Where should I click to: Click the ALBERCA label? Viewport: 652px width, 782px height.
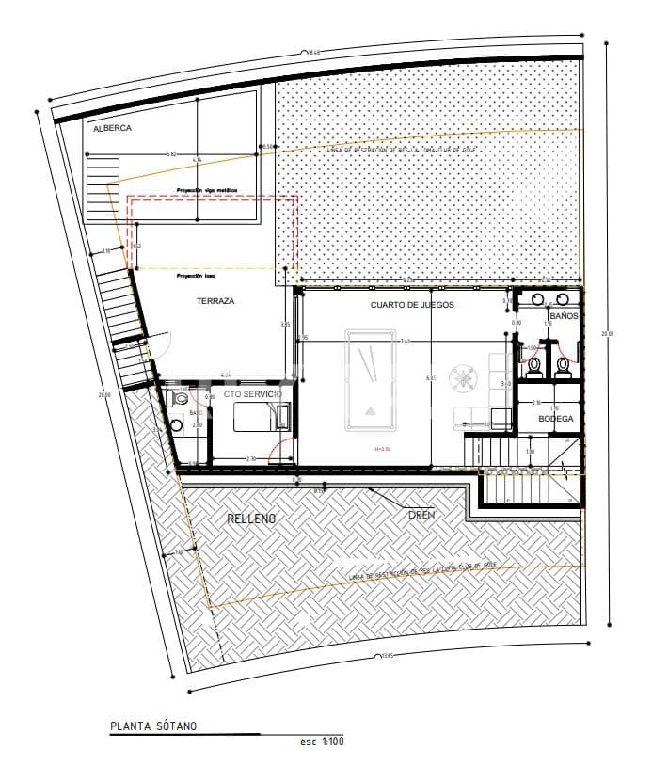[112, 128]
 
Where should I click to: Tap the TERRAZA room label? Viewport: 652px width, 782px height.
[215, 301]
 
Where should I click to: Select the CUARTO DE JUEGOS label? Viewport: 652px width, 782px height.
[412, 306]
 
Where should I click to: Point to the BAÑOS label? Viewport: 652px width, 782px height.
[564, 317]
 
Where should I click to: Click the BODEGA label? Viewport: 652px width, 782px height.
[555, 419]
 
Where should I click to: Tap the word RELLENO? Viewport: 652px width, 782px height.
[251, 519]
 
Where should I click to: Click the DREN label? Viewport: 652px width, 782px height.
[421, 515]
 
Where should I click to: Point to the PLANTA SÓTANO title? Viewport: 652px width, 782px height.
[153, 726]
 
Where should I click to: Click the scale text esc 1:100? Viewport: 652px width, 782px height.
[322, 742]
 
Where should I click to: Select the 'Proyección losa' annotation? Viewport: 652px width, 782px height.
[194, 277]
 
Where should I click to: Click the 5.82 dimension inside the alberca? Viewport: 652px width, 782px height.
[170, 153]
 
